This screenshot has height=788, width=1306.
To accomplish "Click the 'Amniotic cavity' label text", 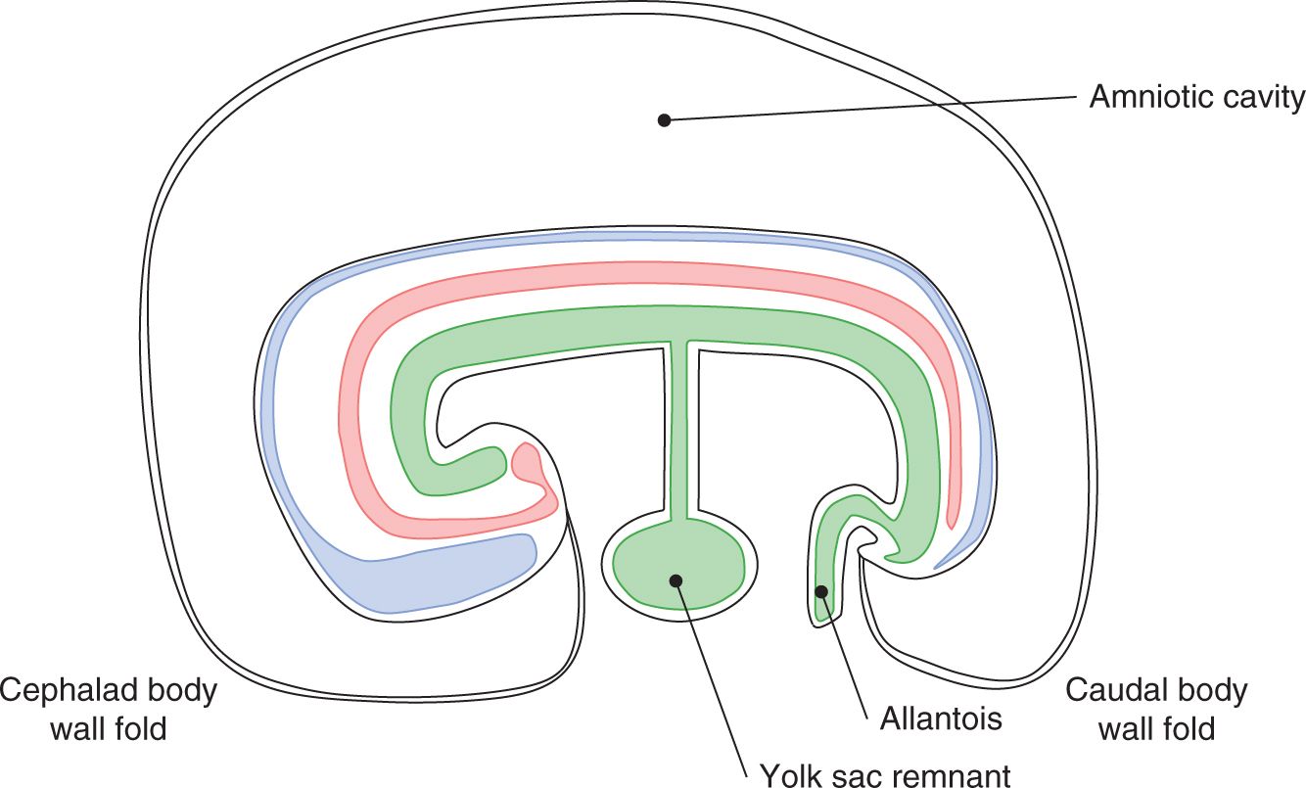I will point(1196,98).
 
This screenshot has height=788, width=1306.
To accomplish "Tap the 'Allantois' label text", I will point(940,719).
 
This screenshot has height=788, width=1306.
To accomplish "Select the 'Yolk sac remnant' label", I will point(885,776).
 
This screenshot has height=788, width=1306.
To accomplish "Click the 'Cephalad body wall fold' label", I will point(109,709).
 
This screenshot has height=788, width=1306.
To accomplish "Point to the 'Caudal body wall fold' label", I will point(1156,709).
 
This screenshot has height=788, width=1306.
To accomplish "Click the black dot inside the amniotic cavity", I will point(664,120).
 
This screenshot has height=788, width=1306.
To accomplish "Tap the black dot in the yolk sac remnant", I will point(676,580).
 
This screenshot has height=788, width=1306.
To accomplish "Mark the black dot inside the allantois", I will point(822,590).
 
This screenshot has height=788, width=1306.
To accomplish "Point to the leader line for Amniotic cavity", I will point(871,109).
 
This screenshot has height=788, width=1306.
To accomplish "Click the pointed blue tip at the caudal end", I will point(942,563).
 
